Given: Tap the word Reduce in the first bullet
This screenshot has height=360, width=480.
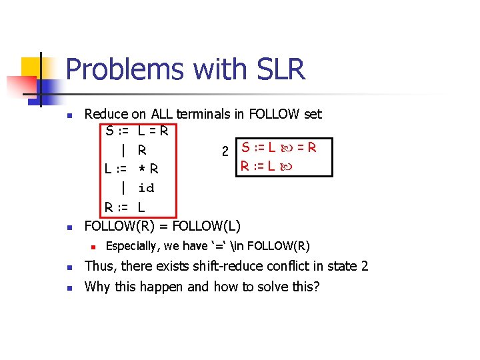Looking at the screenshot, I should [107, 114].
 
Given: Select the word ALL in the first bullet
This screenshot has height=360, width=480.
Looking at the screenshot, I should [165, 114].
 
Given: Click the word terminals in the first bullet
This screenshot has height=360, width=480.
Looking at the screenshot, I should [206, 114].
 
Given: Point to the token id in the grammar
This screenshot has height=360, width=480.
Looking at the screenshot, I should [146, 188].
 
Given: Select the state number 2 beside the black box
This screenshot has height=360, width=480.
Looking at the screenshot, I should [225, 151].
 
